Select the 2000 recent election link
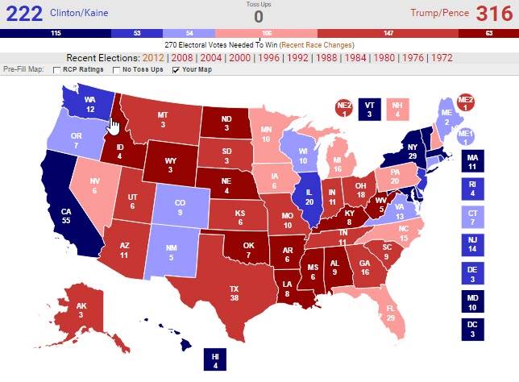(239, 59)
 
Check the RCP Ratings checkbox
(57, 70)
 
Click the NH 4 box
(393, 111)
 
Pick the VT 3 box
(367, 111)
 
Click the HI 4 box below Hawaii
(215, 361)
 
